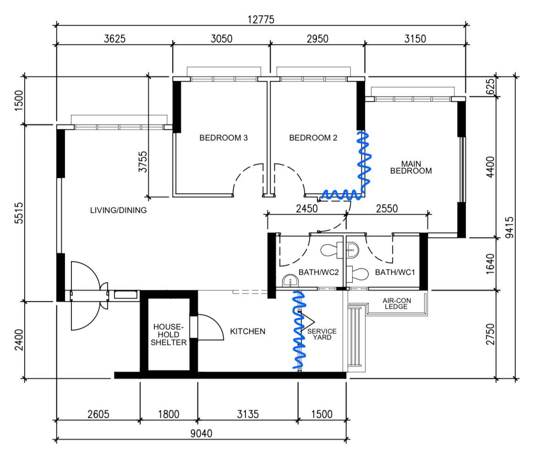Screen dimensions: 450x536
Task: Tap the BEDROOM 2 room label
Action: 313,138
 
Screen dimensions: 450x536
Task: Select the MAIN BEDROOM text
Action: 410,167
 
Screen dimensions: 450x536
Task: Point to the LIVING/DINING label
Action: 118,211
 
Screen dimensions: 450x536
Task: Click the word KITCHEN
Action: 247,331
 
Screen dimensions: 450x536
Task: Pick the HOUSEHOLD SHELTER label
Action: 169,334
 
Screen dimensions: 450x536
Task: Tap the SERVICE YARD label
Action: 322,334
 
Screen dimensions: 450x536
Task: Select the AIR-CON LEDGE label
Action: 395,304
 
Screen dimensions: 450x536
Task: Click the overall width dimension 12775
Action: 261,20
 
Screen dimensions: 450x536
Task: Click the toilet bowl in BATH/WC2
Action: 330,250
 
